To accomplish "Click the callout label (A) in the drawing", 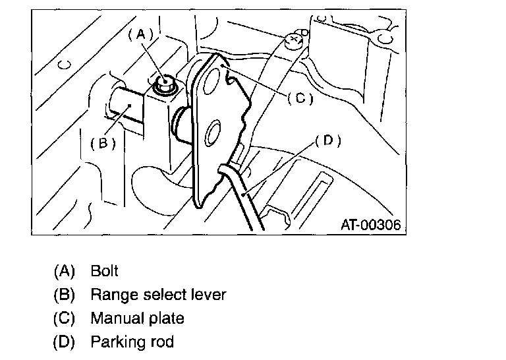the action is [141, 34].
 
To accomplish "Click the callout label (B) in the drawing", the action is [103, 143].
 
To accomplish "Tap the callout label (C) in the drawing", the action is [300, 98].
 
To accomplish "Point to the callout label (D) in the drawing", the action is [328, 141].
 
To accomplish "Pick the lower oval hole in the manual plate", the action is [212, 133].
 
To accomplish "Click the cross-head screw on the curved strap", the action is [295, 41].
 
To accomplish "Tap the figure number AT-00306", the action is [371, 224].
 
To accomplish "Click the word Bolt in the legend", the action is [104, 270].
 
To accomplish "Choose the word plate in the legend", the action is [167, 318].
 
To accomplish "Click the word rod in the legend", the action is [161, 342].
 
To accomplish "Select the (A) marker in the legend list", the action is [64, 271].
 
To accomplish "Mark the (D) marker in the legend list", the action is [64, 342].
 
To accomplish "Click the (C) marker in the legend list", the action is [64, 318].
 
